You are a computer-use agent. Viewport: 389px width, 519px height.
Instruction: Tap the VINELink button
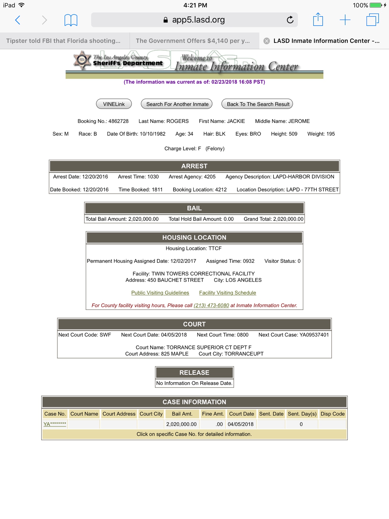pos(114,104)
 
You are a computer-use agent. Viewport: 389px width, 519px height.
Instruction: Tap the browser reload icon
pos(290,20)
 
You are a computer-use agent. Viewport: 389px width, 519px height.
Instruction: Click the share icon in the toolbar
pos(318,20)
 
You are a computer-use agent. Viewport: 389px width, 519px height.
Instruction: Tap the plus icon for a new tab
pos(345,20)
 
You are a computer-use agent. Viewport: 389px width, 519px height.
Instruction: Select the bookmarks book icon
pos(71,20)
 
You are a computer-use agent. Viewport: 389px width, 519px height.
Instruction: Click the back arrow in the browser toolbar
pos(18,20)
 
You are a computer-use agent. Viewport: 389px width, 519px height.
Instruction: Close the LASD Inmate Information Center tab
pos(267,41)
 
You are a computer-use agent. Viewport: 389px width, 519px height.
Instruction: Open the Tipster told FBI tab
pos(63,41)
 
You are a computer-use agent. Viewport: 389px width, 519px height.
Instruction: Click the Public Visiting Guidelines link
pos(160,293)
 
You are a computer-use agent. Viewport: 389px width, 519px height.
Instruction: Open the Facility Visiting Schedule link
pos(228,293)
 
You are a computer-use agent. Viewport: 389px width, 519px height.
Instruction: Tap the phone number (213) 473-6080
pos(211,305)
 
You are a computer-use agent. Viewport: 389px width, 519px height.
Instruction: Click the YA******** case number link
pos(55,424)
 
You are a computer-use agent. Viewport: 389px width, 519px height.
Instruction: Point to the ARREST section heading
pos(194,166)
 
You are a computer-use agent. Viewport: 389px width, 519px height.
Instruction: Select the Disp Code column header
pos(333,414)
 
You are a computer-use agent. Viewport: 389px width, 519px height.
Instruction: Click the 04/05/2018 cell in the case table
pos(241,424)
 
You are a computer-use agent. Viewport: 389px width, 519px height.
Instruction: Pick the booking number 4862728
pos(118,121)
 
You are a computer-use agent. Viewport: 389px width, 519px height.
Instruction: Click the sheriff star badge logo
pos(82,60)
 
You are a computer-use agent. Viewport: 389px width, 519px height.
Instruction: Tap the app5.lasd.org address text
pos(198,20)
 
